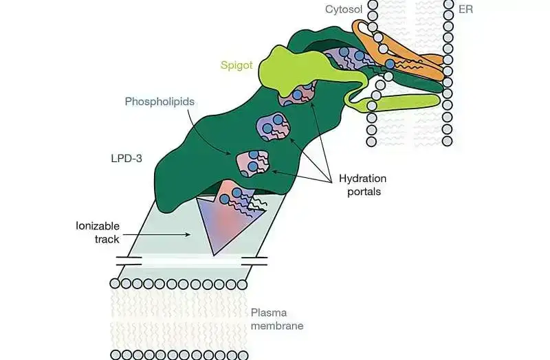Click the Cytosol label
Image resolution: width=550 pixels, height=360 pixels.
coord(344,10)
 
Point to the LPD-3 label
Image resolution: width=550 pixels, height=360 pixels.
coord(126,157)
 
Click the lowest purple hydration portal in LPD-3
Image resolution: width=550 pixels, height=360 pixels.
coord(251,161)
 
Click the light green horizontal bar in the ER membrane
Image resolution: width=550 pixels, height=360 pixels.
coord(406,102)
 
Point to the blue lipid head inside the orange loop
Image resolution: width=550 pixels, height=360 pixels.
coord(390,64)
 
